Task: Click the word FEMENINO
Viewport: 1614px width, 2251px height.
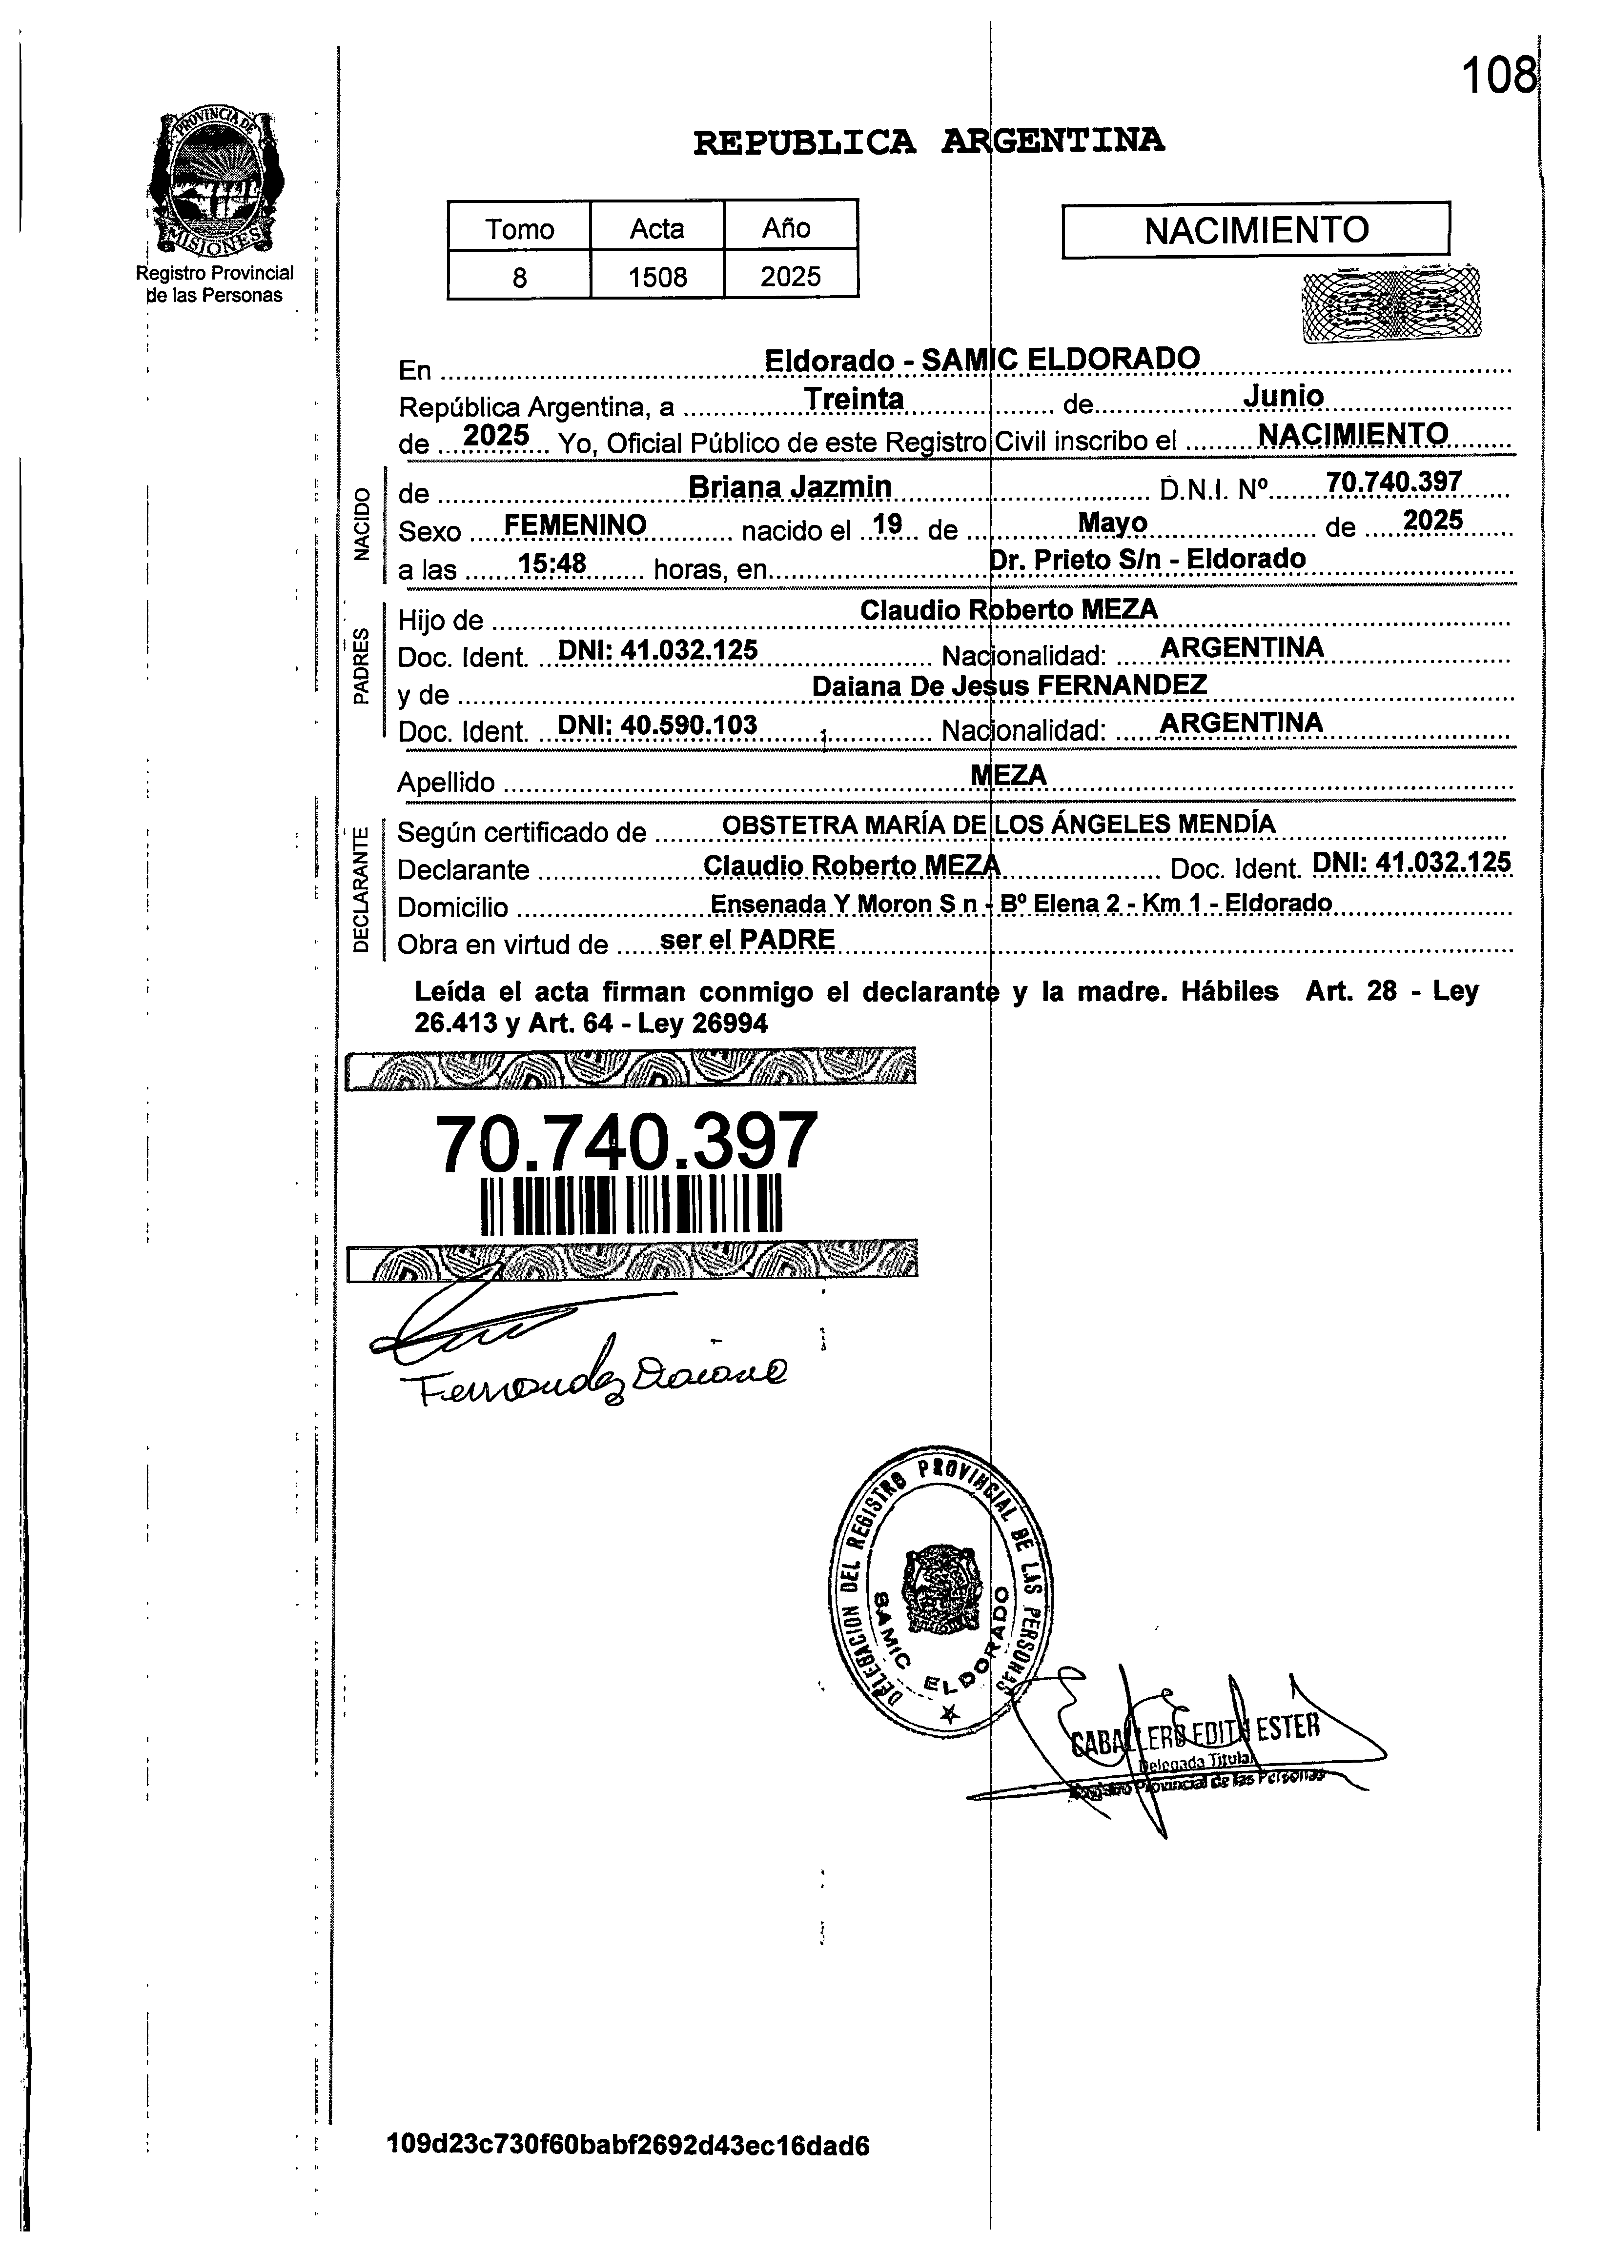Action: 576,524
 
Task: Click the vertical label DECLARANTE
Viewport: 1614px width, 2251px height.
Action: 361,886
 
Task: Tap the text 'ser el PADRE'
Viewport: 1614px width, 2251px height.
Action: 746,939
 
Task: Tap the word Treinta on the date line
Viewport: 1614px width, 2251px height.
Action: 854,399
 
